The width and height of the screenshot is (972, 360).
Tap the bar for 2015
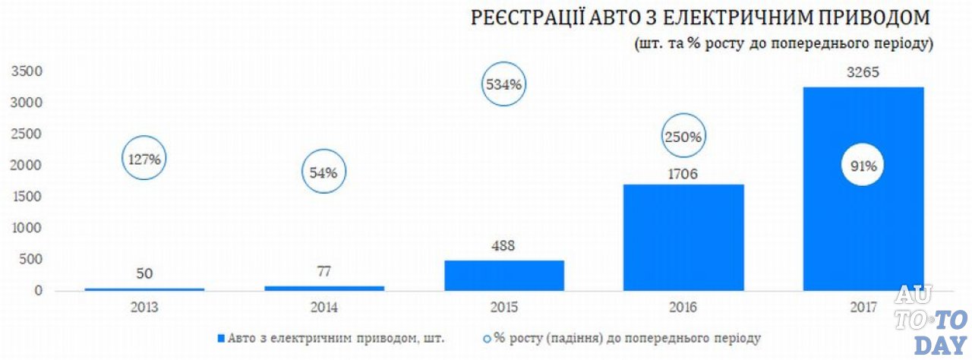point(504,275)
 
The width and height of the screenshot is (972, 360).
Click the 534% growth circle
point(503,84)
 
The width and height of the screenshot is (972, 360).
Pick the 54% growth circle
point(324,172)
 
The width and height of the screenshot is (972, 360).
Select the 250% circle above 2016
point(683,137)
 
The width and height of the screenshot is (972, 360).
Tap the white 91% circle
point(863,166)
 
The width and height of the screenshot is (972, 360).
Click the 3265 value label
point(863,74)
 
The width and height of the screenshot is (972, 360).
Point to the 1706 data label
point(683,174)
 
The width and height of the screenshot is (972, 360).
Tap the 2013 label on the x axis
point(144,308)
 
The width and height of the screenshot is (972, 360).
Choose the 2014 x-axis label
point(324,308)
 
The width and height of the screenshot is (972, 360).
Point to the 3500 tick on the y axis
point(26,71)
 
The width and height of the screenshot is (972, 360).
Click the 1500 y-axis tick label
point(26,197)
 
